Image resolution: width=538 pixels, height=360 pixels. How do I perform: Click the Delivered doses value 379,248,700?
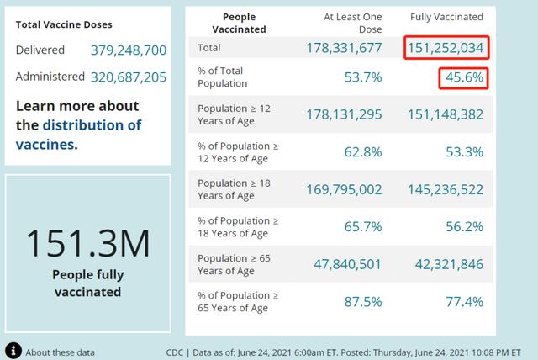[128, 50]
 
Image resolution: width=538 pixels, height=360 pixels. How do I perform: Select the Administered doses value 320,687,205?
[128, 77]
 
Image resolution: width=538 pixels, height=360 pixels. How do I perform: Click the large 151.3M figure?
[87, 244]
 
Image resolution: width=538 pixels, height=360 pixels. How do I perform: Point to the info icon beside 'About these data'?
[13, 351]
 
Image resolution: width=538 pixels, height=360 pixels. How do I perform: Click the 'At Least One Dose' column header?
[352, 22]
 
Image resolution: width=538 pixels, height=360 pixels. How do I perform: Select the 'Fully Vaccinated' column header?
[446, 17]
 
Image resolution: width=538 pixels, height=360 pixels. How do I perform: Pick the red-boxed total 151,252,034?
[446, 48]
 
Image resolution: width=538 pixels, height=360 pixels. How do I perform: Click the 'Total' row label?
[210, 48]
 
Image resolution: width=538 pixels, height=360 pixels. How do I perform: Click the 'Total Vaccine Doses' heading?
[64, 25]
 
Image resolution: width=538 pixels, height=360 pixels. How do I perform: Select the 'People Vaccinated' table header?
[245, 23]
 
